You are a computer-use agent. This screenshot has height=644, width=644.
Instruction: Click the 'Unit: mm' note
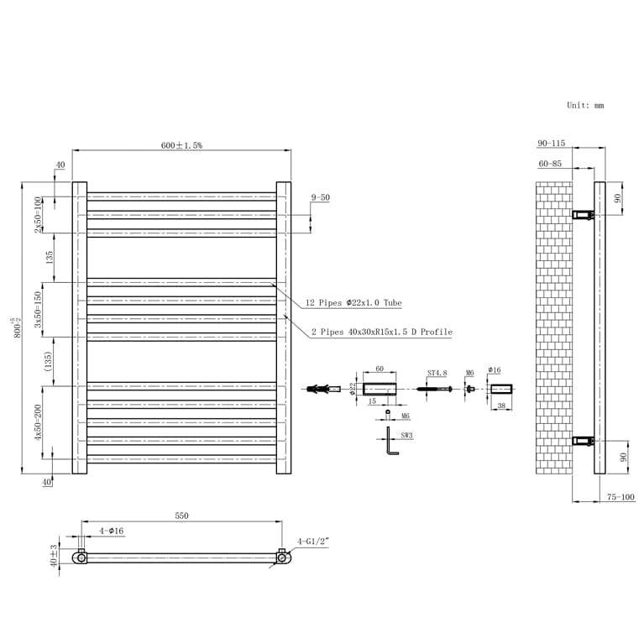coord(585,106)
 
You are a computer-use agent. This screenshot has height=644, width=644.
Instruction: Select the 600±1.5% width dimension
coord(181,145)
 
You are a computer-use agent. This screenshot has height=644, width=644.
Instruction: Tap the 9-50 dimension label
coord(320,197)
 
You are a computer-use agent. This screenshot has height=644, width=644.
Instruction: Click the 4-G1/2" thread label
coord(312,542)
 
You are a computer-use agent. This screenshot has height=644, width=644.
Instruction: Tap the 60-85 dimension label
coord(550,164)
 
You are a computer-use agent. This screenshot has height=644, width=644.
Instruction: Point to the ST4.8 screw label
coord(438,373)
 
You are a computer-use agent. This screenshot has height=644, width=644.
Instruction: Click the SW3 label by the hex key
coord(407,437)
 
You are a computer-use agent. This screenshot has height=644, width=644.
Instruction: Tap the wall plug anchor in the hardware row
coord(322,389)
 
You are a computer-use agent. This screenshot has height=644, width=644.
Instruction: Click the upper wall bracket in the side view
coord(583,216)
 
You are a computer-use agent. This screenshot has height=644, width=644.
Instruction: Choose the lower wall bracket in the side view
coord(583,441)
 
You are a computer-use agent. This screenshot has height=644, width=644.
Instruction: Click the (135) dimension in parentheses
coord(49,361)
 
